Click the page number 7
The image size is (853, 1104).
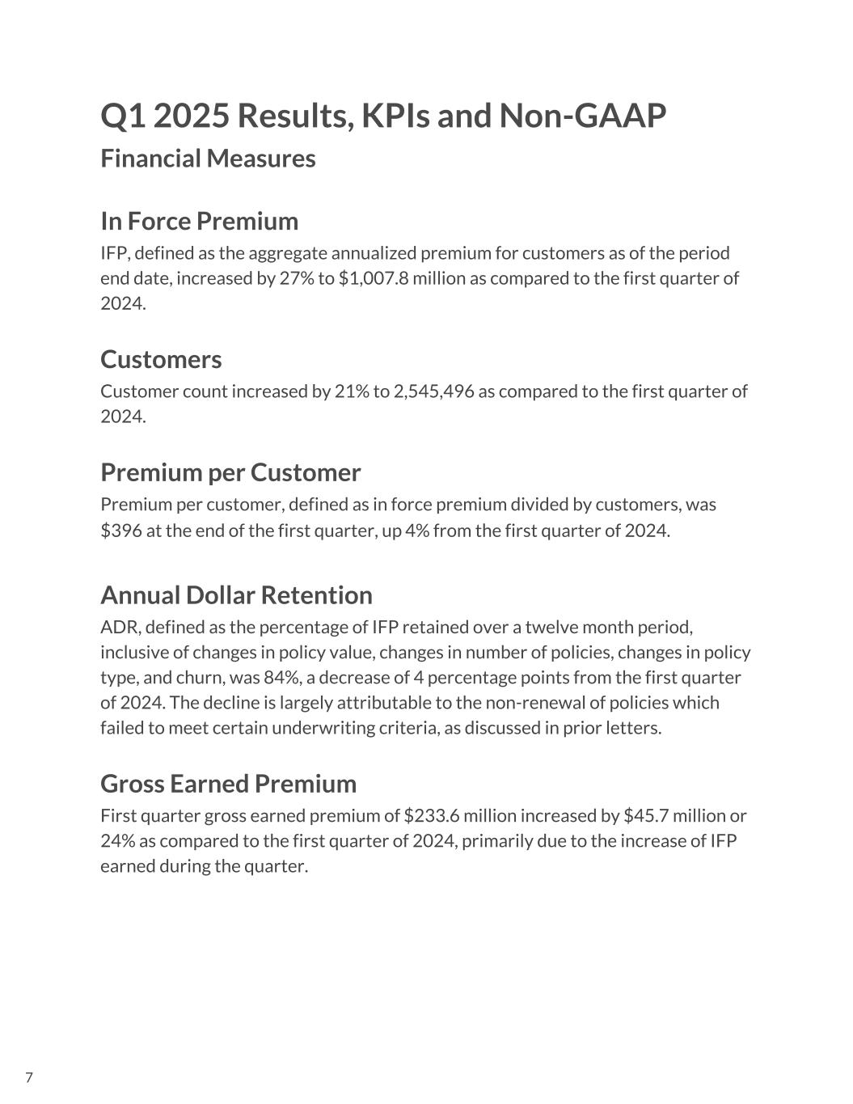(x=29, y=1077)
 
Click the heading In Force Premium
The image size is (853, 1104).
(x=199, y=221)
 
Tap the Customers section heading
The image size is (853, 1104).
(x=161, y=359)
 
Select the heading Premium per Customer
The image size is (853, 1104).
(x=230, y=472)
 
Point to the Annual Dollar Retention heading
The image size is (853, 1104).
(x=236, y=595)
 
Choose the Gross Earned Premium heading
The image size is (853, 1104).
(x=228, y=784)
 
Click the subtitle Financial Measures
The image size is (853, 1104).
(x=208, y=159)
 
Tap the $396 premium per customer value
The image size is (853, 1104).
(x=117, y=531)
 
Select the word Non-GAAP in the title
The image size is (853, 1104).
(x=582, y=116)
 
